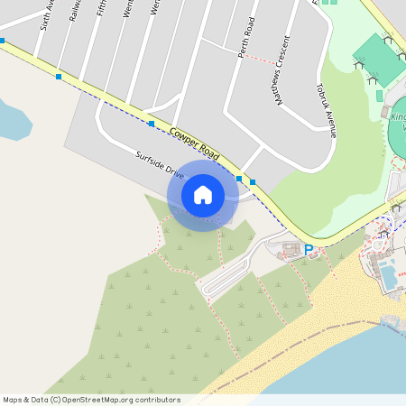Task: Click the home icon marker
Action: coord(203,195)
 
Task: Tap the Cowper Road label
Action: coord(194,143)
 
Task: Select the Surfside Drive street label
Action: coord(160,163)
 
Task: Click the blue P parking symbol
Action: coord(309,250)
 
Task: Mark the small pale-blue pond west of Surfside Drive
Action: coord(13,120)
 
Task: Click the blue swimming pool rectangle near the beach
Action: coord(389,276)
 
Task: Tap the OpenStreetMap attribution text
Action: coord(91,400)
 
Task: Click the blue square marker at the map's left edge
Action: coord(3,41)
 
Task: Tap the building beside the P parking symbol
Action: coord(291,246)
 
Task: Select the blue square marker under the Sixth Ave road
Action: coord(59,77)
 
